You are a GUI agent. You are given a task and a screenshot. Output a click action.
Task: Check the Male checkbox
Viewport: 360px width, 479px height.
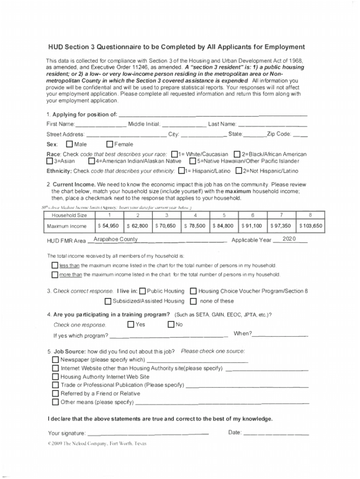69,144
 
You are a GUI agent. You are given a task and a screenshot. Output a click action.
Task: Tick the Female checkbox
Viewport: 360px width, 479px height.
110,144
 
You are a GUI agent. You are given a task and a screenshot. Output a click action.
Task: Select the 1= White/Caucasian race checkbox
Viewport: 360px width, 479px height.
175,154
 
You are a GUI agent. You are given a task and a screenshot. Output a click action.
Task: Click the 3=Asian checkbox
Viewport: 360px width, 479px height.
50,161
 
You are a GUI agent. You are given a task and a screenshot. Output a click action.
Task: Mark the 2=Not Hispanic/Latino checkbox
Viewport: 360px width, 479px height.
239,171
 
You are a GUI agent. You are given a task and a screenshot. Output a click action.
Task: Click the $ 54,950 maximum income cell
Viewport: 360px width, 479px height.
108,226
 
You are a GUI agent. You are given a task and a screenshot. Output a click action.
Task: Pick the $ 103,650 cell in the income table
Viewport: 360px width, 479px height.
311,226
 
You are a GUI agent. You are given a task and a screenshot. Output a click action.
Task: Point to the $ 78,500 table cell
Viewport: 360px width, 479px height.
195,226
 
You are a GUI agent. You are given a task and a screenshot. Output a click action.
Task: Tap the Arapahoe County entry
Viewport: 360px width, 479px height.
115,239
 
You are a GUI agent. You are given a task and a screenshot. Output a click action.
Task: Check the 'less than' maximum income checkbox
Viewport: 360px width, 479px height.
54,266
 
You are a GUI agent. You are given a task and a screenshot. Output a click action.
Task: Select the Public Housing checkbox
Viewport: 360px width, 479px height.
143,291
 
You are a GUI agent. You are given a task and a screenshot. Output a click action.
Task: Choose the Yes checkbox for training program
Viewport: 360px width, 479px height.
130,324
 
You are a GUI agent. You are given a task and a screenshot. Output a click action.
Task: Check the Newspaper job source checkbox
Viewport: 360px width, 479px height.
55,360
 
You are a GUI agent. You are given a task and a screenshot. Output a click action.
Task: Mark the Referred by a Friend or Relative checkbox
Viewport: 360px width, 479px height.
55,393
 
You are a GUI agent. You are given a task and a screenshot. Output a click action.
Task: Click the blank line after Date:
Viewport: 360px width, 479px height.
276,433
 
